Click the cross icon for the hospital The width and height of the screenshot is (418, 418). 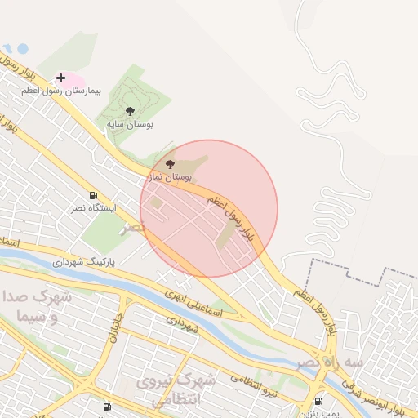[x=60, y=78]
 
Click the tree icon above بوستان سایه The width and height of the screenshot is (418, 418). [x=130, y=111]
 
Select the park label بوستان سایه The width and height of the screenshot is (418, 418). [x=130, y=124]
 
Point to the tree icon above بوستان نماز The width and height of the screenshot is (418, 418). [x=180, y=164]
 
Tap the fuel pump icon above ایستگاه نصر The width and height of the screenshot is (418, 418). [x=93, y=196]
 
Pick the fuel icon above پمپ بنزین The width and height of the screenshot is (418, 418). [x=318, y=400]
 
